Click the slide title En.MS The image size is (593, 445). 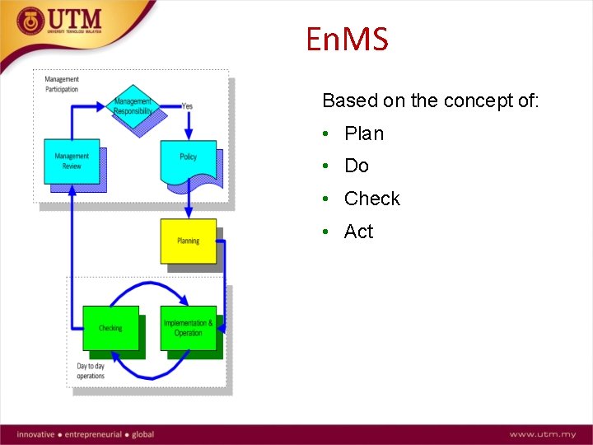click(x=346, y=39)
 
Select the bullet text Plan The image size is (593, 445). click(x=364, y=133)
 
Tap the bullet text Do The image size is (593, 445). click(x=357, y=166)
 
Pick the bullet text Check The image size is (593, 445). click(x=371, y=199)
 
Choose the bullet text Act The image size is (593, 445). click(x=359, y=232)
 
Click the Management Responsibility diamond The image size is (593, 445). click(x=133, y=106)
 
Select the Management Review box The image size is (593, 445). click(x=72, y=161)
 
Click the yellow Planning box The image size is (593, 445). click(x=189, y=241)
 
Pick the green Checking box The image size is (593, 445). click(x=110, y=328)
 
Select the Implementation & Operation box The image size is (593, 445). click(x=189, y=328)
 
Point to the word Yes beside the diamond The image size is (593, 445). click(x=187, y=105)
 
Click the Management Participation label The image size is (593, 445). click(x=62, y=84)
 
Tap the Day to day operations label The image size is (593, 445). click(x=91, y=371)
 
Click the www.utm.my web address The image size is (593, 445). click(x=541, y=434)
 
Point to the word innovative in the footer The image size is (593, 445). click(x=35, y=434)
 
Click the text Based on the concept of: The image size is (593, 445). click(x=431, y=101)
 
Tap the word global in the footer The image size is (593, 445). click(x=142, y=434)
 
